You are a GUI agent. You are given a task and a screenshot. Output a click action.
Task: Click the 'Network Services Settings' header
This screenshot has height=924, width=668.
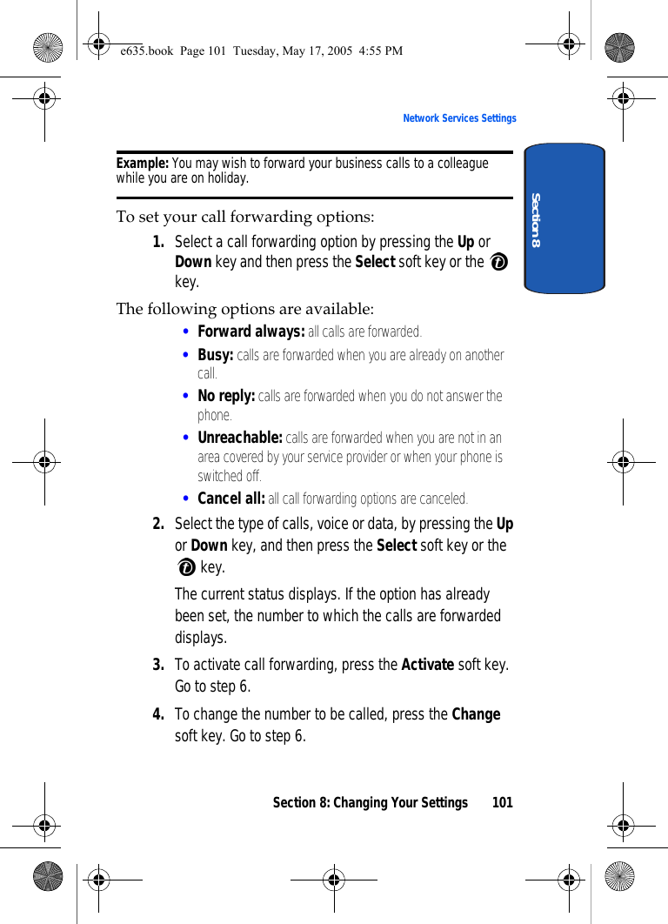point(459,118)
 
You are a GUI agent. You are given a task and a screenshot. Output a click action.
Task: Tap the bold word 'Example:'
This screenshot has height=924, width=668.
point(143,164)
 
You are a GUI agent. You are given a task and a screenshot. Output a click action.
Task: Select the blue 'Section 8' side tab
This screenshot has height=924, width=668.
point(564,218)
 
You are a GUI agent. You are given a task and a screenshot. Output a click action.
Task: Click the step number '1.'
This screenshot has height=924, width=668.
point(159,242)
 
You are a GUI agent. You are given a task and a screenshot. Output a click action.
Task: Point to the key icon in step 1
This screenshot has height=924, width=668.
point(498,263)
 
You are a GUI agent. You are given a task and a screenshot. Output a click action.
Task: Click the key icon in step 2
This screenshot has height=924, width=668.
point(185,568)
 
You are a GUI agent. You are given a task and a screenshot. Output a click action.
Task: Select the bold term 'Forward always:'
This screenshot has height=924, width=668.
point(250,331)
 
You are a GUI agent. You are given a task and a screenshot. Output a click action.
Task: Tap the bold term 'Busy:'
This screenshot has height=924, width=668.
point(216,355)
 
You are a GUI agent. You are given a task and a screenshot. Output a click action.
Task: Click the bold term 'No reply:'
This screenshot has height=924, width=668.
point(226,396)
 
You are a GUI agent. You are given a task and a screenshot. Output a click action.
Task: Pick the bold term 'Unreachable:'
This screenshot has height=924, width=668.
point(240,438)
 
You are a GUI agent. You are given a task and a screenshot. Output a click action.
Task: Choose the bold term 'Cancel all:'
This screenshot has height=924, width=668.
point(231,499)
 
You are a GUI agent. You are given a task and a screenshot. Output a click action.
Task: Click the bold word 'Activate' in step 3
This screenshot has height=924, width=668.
point(427,665)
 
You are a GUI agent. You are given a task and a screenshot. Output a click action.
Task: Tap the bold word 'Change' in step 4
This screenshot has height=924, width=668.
point(476,714)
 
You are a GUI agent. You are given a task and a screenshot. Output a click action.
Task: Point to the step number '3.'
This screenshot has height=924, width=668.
point(159,665)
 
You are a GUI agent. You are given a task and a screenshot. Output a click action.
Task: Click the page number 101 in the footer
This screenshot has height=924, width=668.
point(503,802)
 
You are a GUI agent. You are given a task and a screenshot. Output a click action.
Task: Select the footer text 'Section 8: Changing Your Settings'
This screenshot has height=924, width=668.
point(370,802)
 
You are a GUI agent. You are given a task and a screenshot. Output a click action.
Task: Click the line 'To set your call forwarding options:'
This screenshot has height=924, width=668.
point(245,217)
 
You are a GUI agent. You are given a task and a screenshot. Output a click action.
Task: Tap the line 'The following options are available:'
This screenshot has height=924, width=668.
point(245,309)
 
